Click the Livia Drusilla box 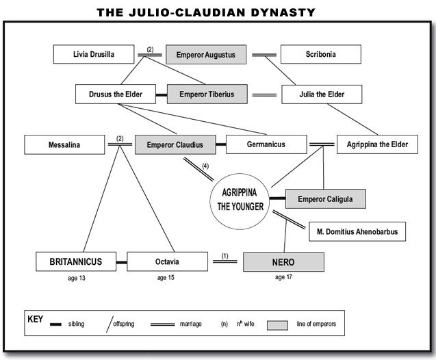(x=94, y=54)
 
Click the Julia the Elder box (x=321, y=94)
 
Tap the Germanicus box (x=266, y=144)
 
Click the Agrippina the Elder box (x=377, y=144)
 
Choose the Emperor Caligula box (x=325, y=198)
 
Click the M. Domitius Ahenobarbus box (x=357, y=231)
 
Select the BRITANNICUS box (x=76, y=261)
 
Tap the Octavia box (x=167, y=261)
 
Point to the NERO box (x=283, y=261)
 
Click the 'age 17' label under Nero (x=283, y=278)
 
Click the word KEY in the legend (x=35, y=319)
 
